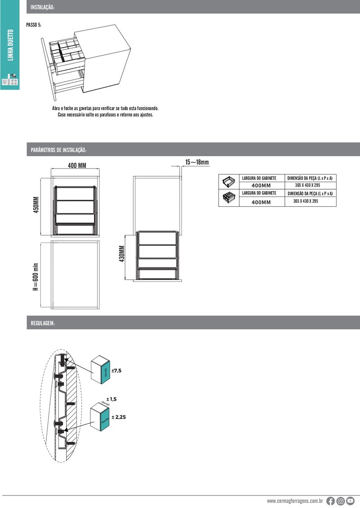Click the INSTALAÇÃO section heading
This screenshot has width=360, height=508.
[x=42, y=7]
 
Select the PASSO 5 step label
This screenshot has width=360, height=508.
[x=34, y=25]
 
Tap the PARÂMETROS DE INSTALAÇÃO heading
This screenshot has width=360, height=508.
[x=58, y=150]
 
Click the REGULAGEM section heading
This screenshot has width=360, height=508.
[x=43, y=323]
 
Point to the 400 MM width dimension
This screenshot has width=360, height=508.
[x=77, y=165]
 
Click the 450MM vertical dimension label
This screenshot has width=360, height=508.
[x=36, y=205]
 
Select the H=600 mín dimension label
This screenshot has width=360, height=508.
[x=36, y=277]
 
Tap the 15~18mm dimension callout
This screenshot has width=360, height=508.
[x=197, y=162]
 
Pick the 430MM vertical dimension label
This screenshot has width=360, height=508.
[x=121, y=254]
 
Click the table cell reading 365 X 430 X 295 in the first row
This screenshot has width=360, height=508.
[x=307, y=185]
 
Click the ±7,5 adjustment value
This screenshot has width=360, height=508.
[x=117, y=370]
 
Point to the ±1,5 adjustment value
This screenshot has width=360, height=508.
[x=112, y=399]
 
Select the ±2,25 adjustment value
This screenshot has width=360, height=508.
[x=119, y=417]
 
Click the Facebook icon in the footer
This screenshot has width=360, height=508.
[x=330, y=501]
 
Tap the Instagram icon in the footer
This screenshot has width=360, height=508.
[x=341, y=501]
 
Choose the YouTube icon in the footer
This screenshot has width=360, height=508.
[x=350, y=501]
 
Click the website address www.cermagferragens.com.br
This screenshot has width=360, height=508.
[x=295, y=501]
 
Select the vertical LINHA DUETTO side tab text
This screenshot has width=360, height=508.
[x=10, y=45]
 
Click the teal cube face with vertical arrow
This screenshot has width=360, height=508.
[x=106, y=372]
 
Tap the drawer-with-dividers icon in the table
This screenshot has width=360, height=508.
[x=229, y=198]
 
